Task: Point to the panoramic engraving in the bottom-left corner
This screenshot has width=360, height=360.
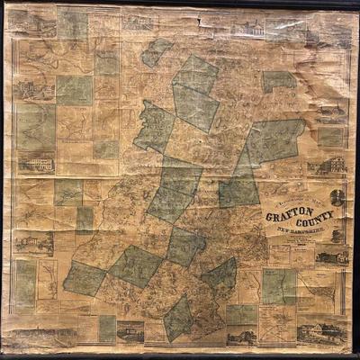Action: [31, 335]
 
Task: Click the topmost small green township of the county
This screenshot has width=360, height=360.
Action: [157, 51]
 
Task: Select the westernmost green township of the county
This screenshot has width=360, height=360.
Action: [84, 278]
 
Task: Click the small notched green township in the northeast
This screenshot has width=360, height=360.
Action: [279, 81]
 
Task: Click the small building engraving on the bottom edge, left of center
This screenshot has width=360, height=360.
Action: [130, 331]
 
